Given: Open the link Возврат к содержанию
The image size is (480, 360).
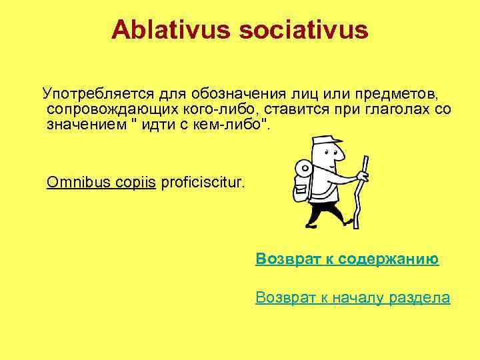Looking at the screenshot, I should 347,259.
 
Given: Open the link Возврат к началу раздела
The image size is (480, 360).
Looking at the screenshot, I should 353,297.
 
